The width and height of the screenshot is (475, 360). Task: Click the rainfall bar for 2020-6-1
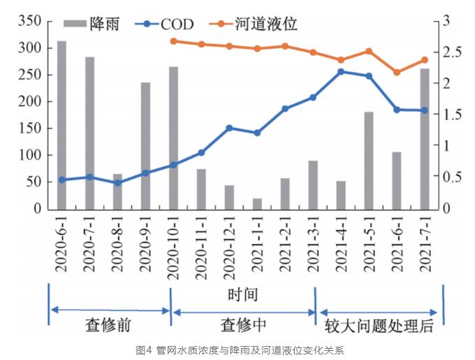[61, 126]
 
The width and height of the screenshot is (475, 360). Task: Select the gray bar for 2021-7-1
[425, 140]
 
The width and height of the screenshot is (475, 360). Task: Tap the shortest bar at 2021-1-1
[257, 204]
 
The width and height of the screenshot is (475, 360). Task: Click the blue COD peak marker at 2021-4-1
[341, 71]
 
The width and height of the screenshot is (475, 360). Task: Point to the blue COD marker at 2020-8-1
[117, 183]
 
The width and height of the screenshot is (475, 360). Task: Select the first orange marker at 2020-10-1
[173, 41]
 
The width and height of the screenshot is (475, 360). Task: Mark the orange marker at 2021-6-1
[397, 72]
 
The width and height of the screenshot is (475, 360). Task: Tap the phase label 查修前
[108, 326]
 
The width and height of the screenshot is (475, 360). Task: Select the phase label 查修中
[243, 326]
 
